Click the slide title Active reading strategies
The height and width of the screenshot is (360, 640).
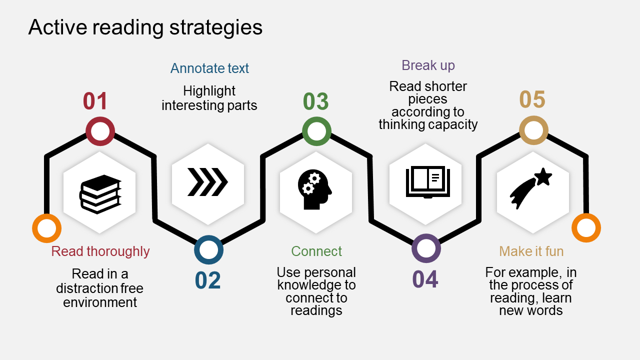point(145,27)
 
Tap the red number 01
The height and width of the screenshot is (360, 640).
point(95,101)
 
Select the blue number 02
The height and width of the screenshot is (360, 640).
point(207,280)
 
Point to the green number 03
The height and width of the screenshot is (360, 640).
point(315,101)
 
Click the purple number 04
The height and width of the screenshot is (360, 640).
point(425,279)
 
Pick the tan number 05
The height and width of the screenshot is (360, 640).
point(532,100)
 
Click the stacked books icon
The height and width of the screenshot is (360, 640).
point(100,194)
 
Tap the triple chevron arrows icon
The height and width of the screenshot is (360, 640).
point(207,181)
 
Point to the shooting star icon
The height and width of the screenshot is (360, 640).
point(531,188)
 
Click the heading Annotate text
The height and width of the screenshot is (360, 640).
point(209,68)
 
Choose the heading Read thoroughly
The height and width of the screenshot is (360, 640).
point(100,251)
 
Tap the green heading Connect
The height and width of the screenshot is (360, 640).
point(316,251)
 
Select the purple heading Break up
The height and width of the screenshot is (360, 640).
point(428,65)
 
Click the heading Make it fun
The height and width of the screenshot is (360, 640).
point(531,251)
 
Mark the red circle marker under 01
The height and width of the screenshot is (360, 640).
point(100,131)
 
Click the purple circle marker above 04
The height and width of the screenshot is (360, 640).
point(426,248)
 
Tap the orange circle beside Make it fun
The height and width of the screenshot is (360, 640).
point(586,228)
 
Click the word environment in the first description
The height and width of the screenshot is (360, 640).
point(100,302)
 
